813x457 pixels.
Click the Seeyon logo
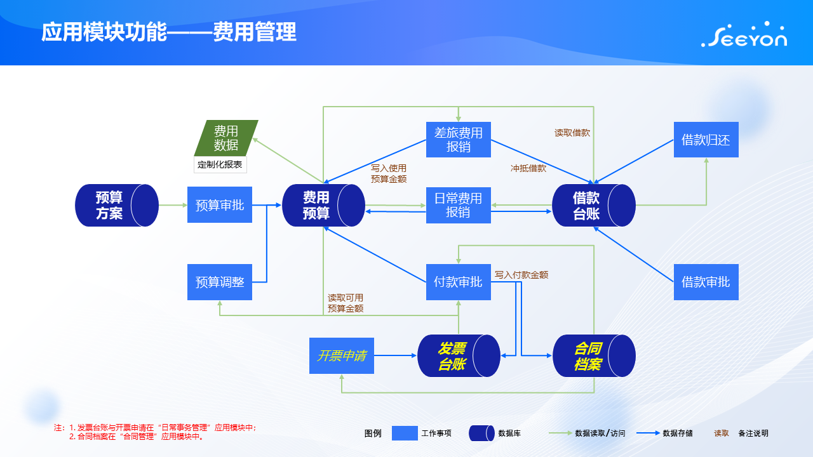coord(744,34)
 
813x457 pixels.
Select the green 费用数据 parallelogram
coord(226,138)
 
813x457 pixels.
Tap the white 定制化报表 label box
coord(220,164)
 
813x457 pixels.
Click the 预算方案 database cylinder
coord(117,205)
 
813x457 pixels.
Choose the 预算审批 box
coord(220,205)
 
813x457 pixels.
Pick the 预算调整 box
coord(220,282)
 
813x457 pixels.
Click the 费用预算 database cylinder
coord(323,205)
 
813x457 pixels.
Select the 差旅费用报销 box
coord(459,140)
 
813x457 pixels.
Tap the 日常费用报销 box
coord(459,205)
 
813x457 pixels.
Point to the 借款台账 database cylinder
coord(594,205)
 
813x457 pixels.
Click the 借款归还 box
coord(706,140)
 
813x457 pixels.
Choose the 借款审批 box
coord(706,282)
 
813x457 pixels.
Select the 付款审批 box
coord(459,282)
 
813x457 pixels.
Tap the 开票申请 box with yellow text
coord(342,355)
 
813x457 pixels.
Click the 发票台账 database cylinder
coord(459,355)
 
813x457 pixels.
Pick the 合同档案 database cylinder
coord(594,355)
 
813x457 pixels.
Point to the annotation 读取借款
coord(572,133)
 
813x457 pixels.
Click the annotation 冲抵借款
coord(528,168)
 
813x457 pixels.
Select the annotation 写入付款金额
coord(521,275)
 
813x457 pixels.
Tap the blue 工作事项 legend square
coord(405,433)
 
